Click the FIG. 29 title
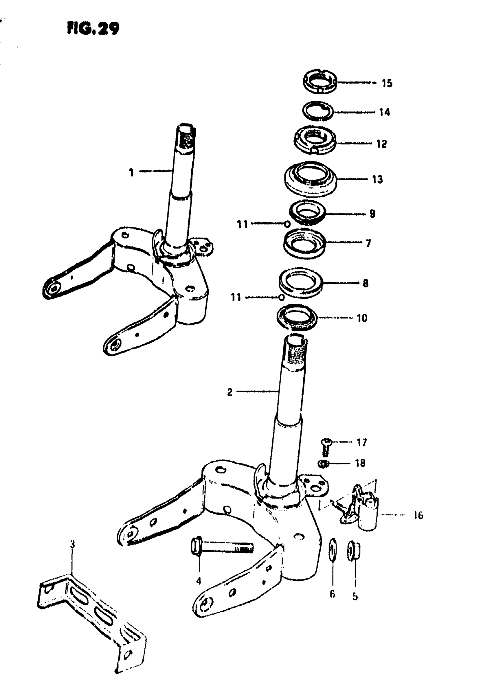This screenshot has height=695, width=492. pyautogui.click(x=93, y=29)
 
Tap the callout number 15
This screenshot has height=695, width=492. pyautogui.click(x=387, y=83)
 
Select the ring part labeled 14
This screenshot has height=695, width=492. pyautogui.click(x=318, y=111)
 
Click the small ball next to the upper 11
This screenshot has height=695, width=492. pyautogui.click(x=287, y=224)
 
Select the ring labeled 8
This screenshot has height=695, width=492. pyautogui.click(x=300, y=282)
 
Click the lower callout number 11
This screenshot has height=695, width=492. pyautogui.click(x=236, y=297)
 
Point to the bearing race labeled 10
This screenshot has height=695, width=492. pyautogui.click(x=297, y=318)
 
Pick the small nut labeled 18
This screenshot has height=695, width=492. pyautogui.click(x=324, y=463)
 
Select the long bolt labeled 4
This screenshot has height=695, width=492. pyautogui.click(x=221, y=547)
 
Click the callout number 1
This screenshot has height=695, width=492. pyautogui.click(x=131, y=172)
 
